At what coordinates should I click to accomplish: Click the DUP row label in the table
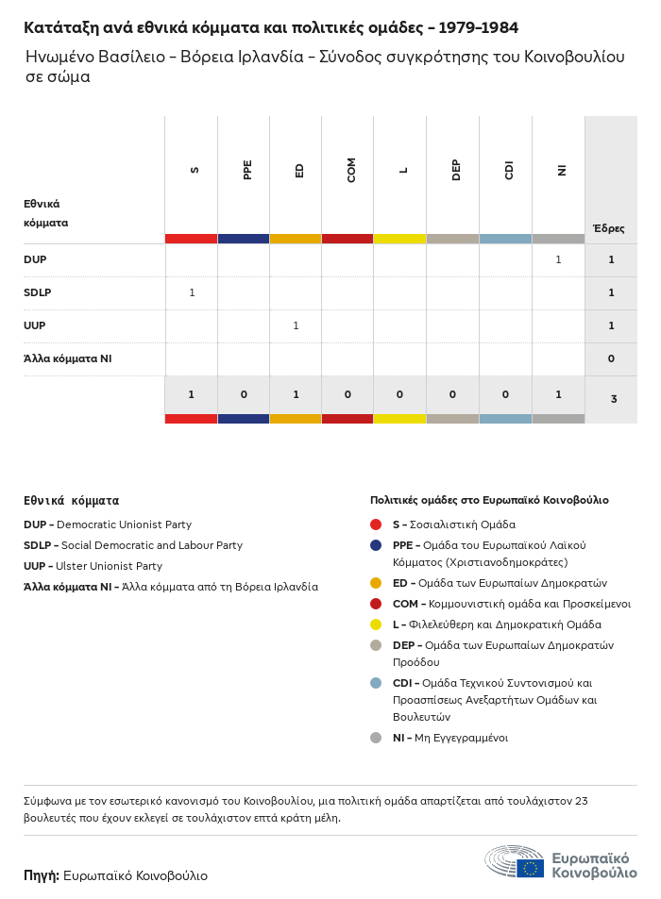click(x=35, y=259)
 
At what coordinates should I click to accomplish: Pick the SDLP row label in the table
click(x=38, y=292)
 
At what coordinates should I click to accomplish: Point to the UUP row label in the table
click(x=35, y=325)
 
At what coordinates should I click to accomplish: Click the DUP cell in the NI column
click(x=558, y=259)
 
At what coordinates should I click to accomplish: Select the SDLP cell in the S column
click(x=192, y=292)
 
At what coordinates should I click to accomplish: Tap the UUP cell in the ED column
click(x=296, y=325)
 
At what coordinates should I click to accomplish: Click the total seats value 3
click(x=613, y=399)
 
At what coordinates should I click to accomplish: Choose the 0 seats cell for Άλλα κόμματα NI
click(x=611, y=358)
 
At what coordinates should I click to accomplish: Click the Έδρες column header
click(x=608, y=228)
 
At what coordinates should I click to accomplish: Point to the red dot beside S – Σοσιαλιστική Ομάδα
click(x=376, y=524)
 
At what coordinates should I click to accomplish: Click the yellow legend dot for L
click(x=376, y=624)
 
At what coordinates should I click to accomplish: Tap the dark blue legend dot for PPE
click(x=376, y=545)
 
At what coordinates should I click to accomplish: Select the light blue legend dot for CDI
click(x=376, y=683)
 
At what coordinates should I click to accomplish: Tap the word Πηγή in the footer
click(x=42, y=875)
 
